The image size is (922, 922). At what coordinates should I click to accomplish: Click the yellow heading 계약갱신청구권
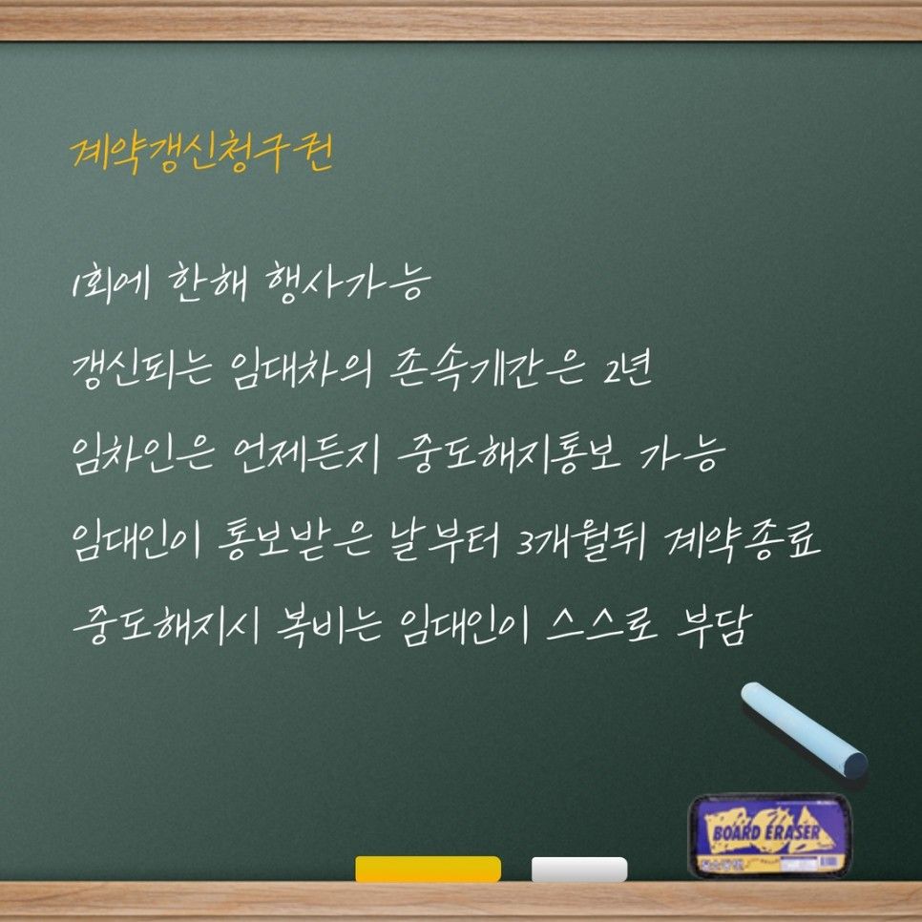pos(201,153)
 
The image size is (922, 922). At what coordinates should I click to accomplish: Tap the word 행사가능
pos(347,283)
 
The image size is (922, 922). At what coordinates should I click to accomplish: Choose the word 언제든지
pos(305,455)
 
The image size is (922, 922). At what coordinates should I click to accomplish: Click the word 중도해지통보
pos(508,455)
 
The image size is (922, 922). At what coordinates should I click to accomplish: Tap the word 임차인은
pos(142,455)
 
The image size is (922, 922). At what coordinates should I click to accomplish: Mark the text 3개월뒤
pos(581,541)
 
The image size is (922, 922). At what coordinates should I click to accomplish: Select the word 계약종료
pos(743,541)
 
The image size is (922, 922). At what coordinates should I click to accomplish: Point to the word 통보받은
pos(295,541)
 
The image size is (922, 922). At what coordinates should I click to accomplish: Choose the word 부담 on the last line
pos(714,626)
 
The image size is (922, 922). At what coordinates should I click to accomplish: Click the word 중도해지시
pos(166,626)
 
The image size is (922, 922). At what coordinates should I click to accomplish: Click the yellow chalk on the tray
pos(428,869)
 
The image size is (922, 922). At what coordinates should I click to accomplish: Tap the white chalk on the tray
pos(579,870)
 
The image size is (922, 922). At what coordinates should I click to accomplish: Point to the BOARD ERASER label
pos(766,832)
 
